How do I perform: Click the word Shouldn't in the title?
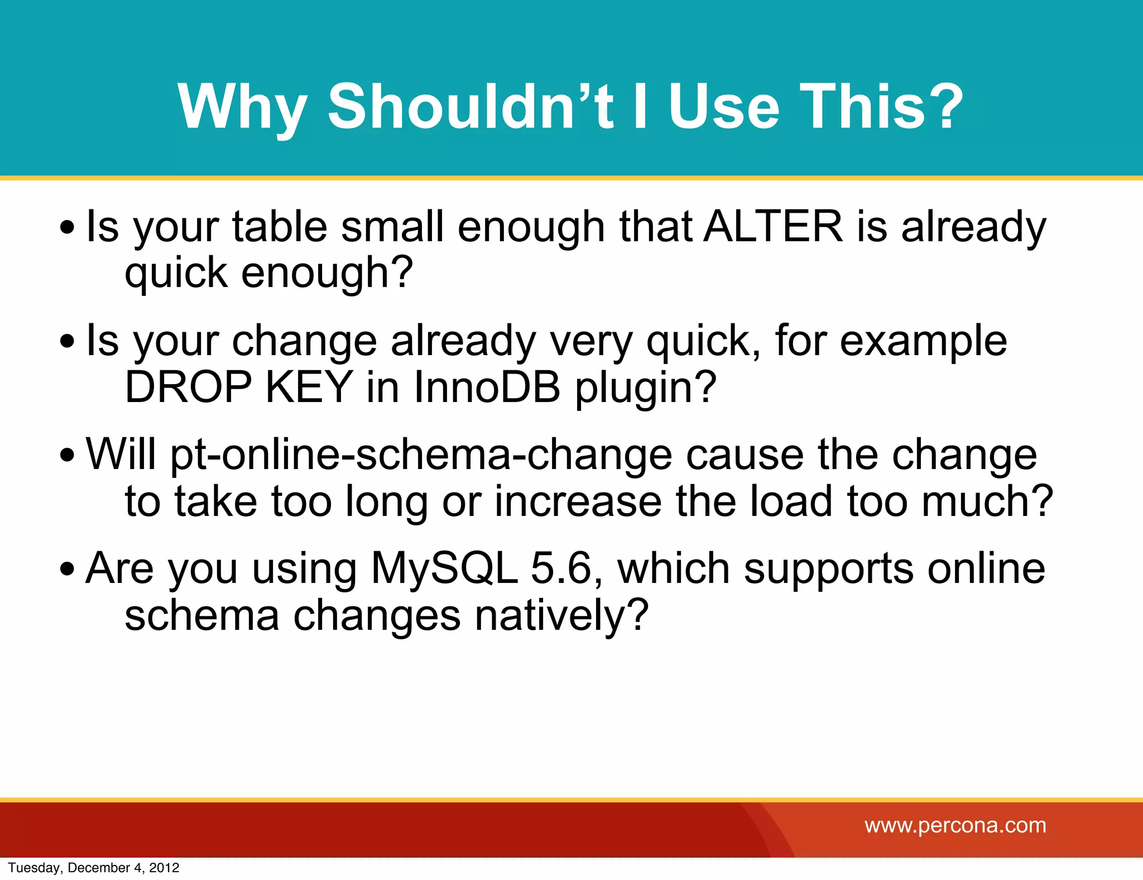(470, 106)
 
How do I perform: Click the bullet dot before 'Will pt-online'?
(68, 455)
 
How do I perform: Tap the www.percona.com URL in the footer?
(955, 825)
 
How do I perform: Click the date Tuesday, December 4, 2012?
(94, 868)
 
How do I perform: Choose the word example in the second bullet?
(923, 341)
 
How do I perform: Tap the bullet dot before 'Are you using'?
(68, 569)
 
